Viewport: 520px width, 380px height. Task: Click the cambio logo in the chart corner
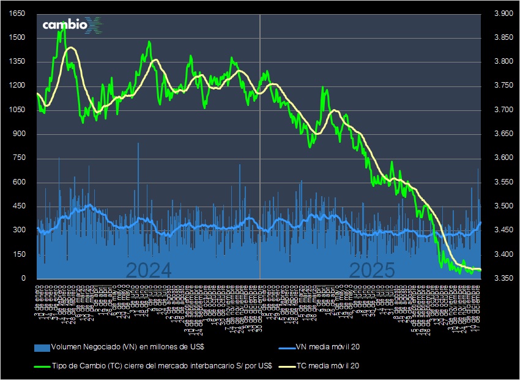point(72,25)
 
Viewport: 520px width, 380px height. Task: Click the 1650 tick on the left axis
point(18,14)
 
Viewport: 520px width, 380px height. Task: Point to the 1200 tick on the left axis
point(18,86)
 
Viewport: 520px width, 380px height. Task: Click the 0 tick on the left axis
point(23,279)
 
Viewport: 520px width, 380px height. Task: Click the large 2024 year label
point(149,270)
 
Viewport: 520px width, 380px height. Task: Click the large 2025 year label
point(373,270)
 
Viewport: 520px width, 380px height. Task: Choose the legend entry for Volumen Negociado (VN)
point(127,348)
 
